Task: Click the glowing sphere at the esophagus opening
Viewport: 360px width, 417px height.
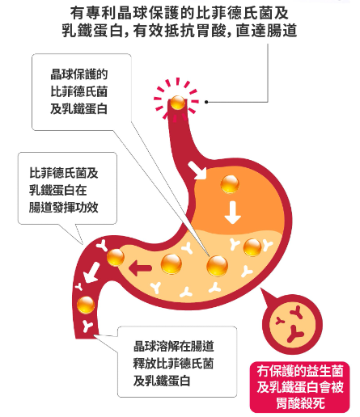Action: (178, 103)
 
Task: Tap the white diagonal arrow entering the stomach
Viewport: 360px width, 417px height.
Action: (198, 171)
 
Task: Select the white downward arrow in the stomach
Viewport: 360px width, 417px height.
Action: (233, 213)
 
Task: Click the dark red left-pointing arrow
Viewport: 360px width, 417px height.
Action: (140, 268)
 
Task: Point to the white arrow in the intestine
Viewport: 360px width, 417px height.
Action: (91, 273)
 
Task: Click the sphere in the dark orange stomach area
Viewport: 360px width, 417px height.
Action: (230, 184)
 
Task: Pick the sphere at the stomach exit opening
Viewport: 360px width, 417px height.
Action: (116, 257)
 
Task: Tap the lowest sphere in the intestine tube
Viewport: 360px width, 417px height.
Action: (86, 305)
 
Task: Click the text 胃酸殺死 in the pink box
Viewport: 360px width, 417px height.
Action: (300, 403)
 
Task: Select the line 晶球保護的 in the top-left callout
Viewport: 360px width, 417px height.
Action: (79, 74)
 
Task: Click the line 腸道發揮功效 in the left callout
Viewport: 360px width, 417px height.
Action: (64, 207)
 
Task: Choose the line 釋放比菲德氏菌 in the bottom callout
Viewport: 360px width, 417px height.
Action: (173, 364)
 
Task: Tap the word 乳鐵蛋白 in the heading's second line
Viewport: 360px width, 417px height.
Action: (92, 31)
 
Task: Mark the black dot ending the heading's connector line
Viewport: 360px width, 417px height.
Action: (206, 102)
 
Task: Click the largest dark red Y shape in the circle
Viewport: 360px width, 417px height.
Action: (294, 334)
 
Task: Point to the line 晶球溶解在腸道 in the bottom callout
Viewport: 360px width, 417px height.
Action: (173, 346)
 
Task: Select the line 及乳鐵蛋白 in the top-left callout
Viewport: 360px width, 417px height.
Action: (79, 109)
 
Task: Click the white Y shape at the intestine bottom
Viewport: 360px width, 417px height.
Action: (87, 326)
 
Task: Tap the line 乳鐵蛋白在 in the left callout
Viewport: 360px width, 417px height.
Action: (58, 190)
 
